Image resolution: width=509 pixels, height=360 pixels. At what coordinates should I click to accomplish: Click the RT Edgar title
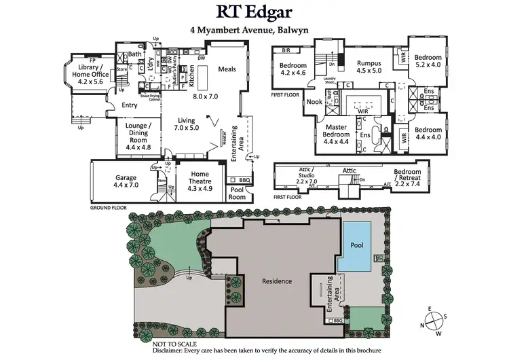tap(254, 12)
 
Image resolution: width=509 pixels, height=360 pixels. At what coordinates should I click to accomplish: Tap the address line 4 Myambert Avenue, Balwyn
tap(254, 31)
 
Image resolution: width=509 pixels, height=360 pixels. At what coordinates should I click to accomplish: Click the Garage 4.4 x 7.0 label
tap(126, 181)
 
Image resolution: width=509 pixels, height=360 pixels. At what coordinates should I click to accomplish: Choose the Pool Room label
tap(237, 194)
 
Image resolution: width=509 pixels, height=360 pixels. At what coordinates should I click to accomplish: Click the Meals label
tap(227, 69)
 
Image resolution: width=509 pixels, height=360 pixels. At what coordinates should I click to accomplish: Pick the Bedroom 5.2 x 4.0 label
tap(428, 61)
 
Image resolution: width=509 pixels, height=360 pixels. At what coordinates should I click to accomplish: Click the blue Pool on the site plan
tap(356, 245)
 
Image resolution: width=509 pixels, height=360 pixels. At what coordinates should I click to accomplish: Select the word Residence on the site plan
tap(277, 281)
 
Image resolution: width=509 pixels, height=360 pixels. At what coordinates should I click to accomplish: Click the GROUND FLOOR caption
tap(109, 206)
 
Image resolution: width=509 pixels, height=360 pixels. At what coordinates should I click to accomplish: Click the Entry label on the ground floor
tap(129, 105)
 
